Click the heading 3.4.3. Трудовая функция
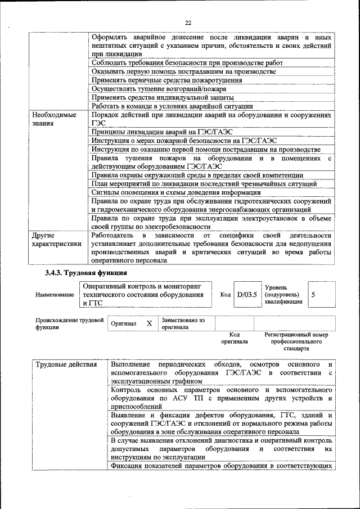[85, 273]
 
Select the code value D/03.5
[246, 294]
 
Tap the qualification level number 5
[313, 294]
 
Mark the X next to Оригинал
[149, 323]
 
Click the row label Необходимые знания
[54, 119]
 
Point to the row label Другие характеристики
[56, 239]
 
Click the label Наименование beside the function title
[54, 295]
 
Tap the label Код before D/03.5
[225, 295]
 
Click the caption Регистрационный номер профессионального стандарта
[296, 341]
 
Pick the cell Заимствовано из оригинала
[183, 323]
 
